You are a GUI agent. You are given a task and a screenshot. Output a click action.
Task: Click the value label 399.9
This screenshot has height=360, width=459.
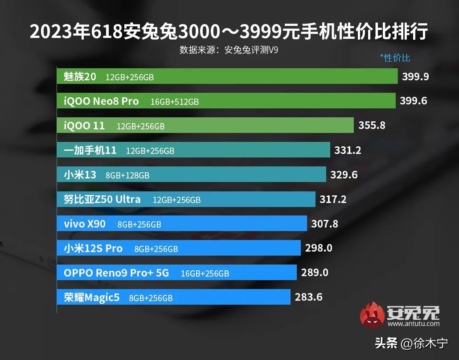click(415, 76)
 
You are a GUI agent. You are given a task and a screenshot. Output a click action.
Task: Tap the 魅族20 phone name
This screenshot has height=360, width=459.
click(80, 77)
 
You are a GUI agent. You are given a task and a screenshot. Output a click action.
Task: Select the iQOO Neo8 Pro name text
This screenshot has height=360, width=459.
click(101, 101)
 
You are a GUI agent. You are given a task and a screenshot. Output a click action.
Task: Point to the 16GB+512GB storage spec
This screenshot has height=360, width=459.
click(175, 102)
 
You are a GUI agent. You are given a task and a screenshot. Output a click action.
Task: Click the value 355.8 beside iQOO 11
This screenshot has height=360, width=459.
click(372, 125)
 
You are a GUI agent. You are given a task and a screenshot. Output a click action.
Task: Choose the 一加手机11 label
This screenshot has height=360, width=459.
click(90, 150)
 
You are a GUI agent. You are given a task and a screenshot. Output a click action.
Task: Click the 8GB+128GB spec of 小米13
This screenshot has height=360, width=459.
click(127, 175)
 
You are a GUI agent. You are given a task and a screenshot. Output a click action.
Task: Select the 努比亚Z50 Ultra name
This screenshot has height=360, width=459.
click(102, 199)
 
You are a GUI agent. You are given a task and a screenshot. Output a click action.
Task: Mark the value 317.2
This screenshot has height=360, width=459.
click(333, 199)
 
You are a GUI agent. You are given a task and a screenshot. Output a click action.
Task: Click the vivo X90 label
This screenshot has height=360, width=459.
click(85, 223)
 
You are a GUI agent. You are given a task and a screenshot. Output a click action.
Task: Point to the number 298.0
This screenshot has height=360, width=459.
click(319, 248)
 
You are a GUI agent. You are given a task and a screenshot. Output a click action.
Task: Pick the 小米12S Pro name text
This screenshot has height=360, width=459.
click(93, 248)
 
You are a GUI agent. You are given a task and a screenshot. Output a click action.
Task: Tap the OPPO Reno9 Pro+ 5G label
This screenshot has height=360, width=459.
click(116, 273)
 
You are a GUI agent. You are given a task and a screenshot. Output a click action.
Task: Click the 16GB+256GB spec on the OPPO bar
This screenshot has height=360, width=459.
click(205, 273)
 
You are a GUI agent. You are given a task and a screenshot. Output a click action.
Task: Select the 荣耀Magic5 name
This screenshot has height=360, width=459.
click(92, 297)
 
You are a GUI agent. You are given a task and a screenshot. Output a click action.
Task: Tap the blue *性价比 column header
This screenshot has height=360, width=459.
click(395, 58)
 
